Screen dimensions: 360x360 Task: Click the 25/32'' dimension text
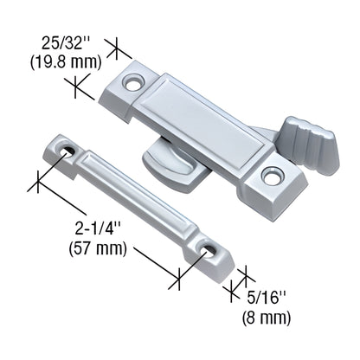(71, 41)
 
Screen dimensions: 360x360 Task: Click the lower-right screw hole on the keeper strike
(208, 252)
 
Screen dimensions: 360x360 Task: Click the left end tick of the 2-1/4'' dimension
(40, 181)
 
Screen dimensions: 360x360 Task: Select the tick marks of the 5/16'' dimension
(237, 280)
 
